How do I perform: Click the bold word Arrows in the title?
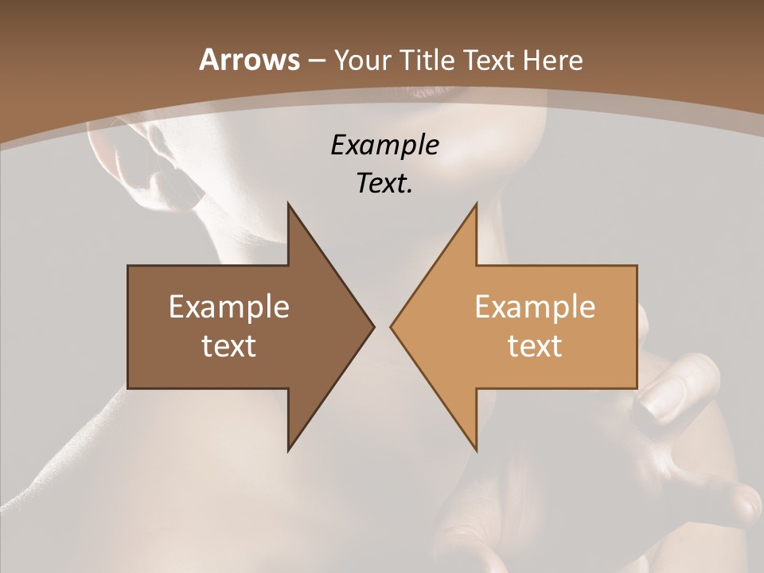[x=249, y=60]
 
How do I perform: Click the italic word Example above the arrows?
[x=384, y=145]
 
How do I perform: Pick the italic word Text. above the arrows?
[x=384, y=184]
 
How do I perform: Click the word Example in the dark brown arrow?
[x=229, y=306]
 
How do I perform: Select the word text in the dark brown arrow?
[x=229, y=345]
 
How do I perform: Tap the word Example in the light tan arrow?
[x=535, y=306]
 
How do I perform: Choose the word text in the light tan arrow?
[x=535, y=345]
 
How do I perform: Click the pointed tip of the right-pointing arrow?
[x=373, y=326]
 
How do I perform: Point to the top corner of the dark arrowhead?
[x=289, y=205]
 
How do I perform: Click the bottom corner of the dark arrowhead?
[x=289, y=450]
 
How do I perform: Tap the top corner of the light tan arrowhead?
[x=476, y=205]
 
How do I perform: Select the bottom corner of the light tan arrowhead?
[x=476, y=450]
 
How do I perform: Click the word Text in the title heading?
[x=491, y=60]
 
